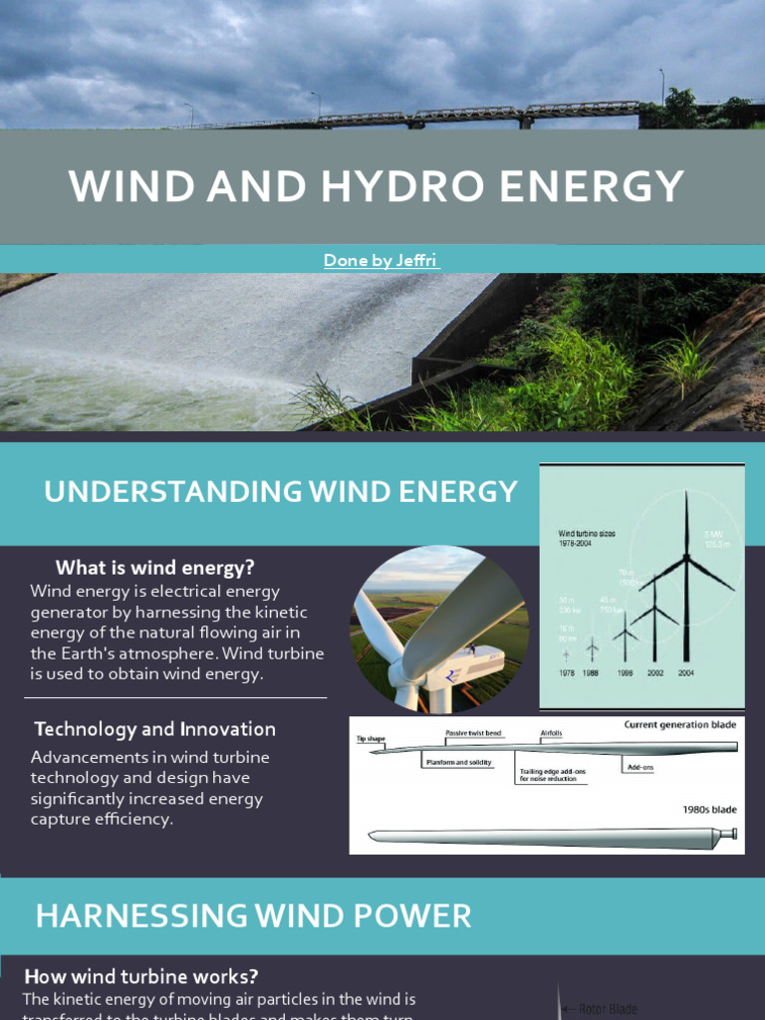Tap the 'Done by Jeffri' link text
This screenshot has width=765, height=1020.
[382, 260]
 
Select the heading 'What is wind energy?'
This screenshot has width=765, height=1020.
[155, 568]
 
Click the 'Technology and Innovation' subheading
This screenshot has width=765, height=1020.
[154, 729]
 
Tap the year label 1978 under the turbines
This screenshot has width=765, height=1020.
[567, 673]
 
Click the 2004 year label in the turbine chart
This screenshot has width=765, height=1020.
[686, 673]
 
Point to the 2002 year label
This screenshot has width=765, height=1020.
[654, 673]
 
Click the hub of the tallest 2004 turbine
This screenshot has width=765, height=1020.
[686, 558]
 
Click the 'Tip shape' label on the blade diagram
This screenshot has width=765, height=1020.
[372, 739]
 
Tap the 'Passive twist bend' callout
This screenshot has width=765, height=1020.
[473, 732]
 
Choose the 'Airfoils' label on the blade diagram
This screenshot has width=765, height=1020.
[551, 732]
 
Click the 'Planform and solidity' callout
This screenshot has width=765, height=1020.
[454, 762]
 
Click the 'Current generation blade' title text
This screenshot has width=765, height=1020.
[680, 724]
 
